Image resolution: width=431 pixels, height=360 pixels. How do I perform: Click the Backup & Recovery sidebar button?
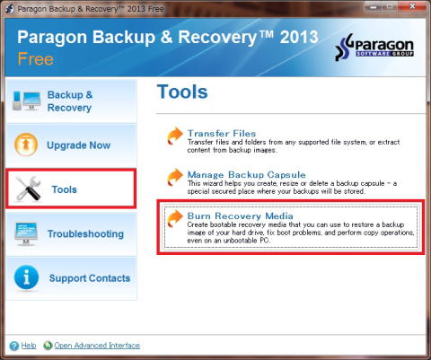tap(71, 101)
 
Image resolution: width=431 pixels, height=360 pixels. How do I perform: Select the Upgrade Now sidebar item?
tap(71, 145)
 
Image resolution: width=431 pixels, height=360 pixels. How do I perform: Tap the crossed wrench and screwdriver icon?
tap(29, 189)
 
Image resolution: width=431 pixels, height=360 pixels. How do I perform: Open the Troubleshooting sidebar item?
tap(71, 234)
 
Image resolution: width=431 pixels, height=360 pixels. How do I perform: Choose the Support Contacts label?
tap(90, 278)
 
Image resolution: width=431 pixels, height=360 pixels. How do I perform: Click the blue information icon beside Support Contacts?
tap(26, 277)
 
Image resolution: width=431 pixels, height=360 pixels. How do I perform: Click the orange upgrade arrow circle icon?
tap(26, 145)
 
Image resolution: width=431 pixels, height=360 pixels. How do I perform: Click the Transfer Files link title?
tap(222, 133)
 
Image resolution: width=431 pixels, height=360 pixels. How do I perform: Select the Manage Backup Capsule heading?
tap(247, 174)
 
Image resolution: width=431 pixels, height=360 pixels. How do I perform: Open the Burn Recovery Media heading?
tap(241, 215)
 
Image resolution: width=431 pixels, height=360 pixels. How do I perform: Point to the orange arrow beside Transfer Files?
tap(175, 136)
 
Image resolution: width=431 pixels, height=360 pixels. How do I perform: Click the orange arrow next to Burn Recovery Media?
tap(175, 218)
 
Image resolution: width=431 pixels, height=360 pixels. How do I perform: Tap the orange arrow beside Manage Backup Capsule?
tap(175, 177)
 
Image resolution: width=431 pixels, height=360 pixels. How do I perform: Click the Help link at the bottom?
tap(29, 346)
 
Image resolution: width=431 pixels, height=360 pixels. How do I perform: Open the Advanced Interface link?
tap(97, 346)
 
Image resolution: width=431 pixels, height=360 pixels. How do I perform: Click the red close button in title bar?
tap(412, 6)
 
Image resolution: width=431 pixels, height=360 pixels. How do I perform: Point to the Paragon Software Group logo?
tap(374, 47)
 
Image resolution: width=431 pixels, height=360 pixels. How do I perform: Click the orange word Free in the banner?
tap(35, 58)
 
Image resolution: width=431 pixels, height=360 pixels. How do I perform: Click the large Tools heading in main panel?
tap(182, 92)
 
